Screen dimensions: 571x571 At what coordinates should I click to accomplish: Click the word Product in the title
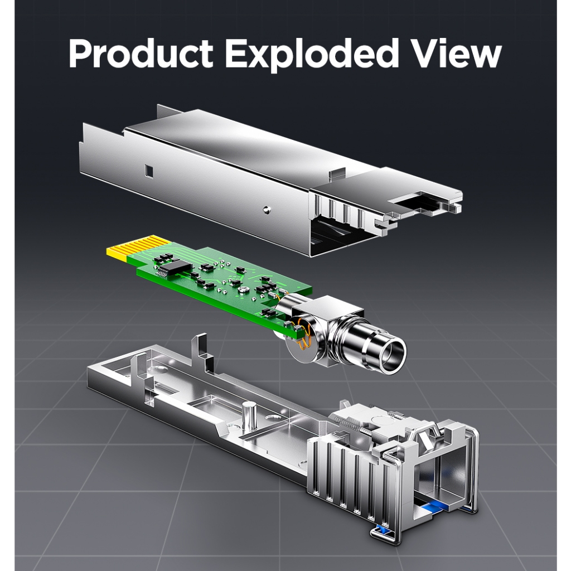click(x=141, y=54)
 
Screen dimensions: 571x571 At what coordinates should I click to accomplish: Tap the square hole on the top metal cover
click(x=148, y=170)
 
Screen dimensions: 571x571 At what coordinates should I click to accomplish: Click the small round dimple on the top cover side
click(x=267, y=210)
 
